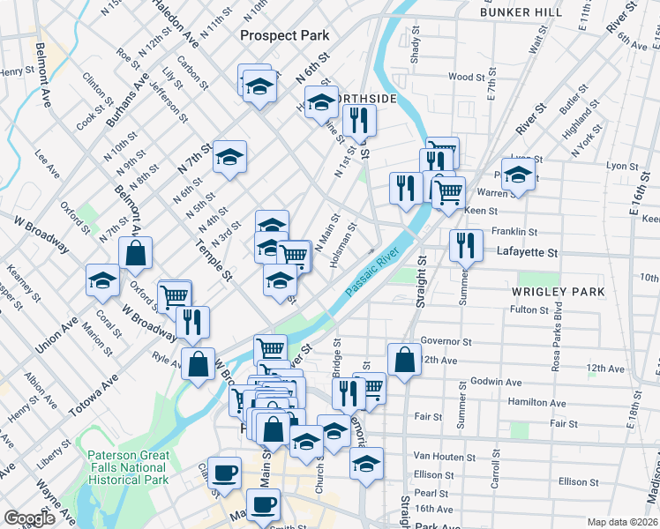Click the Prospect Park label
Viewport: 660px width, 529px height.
[x=285, y=35]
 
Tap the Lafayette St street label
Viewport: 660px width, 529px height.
[x=529, y=252]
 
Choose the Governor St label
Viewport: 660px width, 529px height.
[x=446, y=341]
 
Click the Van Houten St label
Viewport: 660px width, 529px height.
[x=445, y=458]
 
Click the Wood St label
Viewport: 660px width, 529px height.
[x=461, y=77]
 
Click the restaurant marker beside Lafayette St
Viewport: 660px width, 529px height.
[x=466, y=245]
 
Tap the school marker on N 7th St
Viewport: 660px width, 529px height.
[x=230, y=156]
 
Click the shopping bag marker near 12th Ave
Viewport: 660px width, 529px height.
[x=403, y=358]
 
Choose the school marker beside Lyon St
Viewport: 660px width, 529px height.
[x=518, y=173]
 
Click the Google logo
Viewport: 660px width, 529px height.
[x=30, y=518]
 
